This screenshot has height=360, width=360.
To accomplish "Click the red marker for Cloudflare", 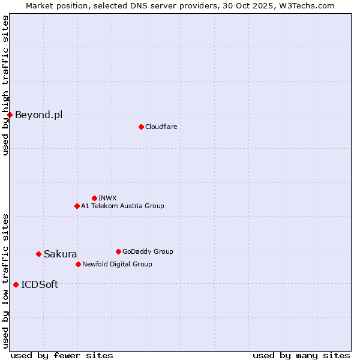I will [x=141, y=127].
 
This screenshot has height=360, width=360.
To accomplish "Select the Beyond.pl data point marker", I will [x=10, y=115].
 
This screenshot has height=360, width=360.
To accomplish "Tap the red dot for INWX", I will [x=94, y=198].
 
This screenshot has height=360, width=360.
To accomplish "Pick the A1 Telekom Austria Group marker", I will [x=77, y=206].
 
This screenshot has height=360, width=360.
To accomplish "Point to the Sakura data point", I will [x=38, y=254].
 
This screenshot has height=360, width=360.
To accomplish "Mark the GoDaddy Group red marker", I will [x=118, y=251].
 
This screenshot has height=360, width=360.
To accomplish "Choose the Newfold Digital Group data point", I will [x=78, y=264].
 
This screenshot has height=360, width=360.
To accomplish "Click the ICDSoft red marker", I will [x=16, y=284].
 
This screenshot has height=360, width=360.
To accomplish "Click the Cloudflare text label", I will [x=161, y=127].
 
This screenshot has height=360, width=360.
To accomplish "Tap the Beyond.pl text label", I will [x=38, y=115].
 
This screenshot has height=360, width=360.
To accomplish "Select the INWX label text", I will [x=107, y=198].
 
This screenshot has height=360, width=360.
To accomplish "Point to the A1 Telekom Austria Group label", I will [x=122, y=206].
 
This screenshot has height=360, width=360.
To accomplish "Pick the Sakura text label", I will [x=60, y=254].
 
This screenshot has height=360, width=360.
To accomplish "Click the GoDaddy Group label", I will [x=147, y=251].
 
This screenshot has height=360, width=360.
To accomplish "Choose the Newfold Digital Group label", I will [x=117, y=264].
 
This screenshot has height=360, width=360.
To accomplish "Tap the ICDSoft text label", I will [x=40, y=284].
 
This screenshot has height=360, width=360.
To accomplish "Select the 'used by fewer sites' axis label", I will [x=62, y=355].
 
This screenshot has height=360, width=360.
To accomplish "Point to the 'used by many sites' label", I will [x=301, y=355].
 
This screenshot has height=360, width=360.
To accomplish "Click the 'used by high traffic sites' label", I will [x=5, y=85].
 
